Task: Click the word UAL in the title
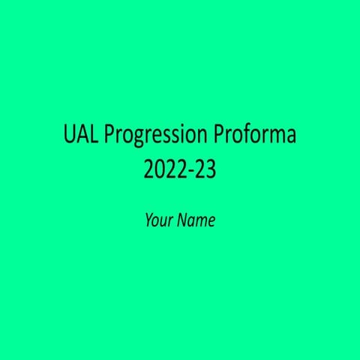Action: click(80, 136)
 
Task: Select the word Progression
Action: click(155, 137)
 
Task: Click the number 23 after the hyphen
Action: click(206, 170)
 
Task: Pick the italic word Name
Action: click(197, 220)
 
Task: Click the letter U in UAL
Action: click(69, 136)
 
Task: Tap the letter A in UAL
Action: click(81, 136)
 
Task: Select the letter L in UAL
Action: click(91, 136)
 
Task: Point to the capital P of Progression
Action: click(107, 136)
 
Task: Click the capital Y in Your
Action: click(148, 220)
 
